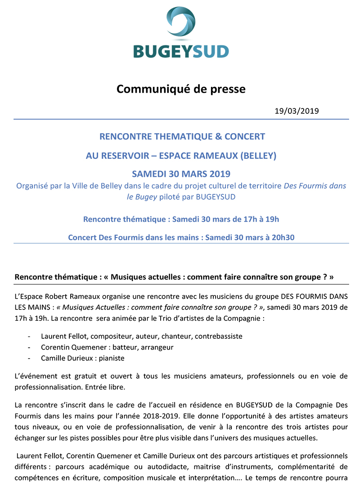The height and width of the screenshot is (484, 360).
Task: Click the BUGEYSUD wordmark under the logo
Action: click(180, 51)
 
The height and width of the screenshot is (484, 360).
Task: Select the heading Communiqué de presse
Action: click(181, 89)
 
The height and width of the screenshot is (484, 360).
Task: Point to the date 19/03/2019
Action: click(297, 111)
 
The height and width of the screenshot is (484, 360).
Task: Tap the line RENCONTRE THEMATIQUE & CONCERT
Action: click(182, 136)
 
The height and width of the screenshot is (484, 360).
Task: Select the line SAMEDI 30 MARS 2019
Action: click(181, 174)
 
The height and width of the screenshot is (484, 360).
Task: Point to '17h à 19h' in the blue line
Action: click(259, 219)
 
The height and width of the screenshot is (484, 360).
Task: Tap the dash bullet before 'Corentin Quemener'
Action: click(29, 347)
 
